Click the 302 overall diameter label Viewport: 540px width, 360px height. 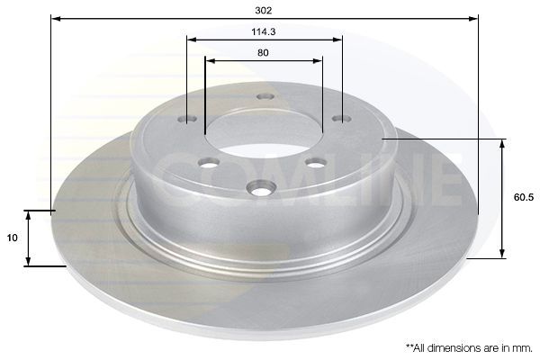[x=264, y=10]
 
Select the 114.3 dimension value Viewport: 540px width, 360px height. [x=264, y=32]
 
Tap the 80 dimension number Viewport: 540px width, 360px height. [x=263, y=53]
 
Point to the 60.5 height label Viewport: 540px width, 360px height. [x=524, y=197]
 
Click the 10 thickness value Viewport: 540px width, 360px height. [x=12, y=238]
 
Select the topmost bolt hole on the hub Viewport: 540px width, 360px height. [x=265, y=96]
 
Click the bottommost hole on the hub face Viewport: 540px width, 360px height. [x=262, y=189]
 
